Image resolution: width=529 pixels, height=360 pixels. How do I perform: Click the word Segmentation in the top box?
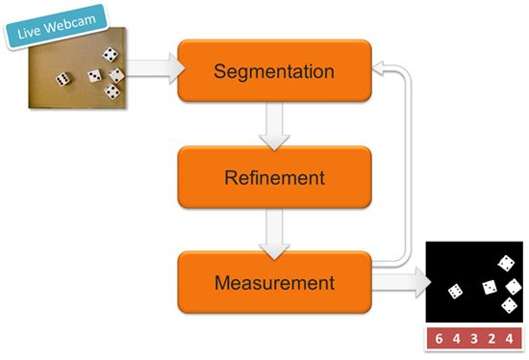coord(274,71)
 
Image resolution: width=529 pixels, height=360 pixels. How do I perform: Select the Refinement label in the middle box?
coord(275,178)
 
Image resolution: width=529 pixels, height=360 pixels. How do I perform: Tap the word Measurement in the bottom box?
coord(275,283)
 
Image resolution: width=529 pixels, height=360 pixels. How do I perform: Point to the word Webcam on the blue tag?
coord(70,23)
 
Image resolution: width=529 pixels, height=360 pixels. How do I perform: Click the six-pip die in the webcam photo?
coord(63,79)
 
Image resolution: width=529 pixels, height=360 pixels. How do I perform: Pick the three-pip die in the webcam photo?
coord(95,76)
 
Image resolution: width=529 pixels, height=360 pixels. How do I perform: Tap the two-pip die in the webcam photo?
coord(116,75)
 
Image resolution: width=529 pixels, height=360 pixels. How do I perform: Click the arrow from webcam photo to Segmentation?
coord(155,68)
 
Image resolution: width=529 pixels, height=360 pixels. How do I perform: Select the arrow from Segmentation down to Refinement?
coord(274,126)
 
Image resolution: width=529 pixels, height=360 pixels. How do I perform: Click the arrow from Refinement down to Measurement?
coord(274,234)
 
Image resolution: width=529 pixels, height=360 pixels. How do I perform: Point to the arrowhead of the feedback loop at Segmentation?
coord(379,68)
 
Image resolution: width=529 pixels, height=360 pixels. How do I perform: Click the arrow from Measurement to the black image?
coord(401,282)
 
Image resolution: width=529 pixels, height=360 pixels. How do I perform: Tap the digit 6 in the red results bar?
coord(439,339)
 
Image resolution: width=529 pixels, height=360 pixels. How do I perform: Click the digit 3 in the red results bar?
coord(474,339)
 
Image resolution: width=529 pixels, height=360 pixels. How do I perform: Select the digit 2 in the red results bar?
coord(491,339)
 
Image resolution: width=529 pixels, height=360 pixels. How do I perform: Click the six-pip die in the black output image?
coord(455,292)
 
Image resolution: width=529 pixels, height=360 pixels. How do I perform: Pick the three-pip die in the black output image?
coord(490,287)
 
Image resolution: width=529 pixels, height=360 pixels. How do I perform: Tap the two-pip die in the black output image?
coord(514,287)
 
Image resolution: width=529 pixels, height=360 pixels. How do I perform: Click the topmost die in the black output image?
coord(506,263)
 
